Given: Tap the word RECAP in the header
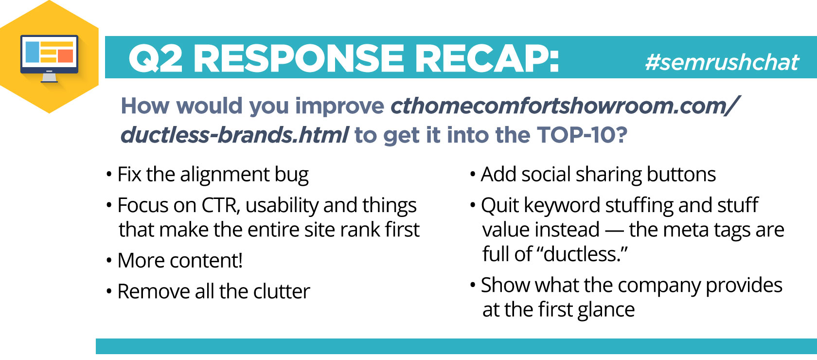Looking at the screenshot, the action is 486,58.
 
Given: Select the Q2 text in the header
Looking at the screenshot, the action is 156,59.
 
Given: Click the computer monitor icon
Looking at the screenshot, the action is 49,58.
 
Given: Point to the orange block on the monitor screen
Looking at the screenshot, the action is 65,56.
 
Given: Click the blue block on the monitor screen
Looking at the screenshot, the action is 32,52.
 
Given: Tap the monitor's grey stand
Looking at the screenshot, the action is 49,77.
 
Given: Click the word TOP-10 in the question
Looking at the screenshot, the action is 582,135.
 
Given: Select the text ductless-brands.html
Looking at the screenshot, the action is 234,135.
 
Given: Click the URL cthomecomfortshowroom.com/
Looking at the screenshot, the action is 565,106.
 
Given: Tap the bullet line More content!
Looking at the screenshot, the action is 179,260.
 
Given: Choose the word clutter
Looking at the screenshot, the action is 282,291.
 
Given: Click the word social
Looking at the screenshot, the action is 546,174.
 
